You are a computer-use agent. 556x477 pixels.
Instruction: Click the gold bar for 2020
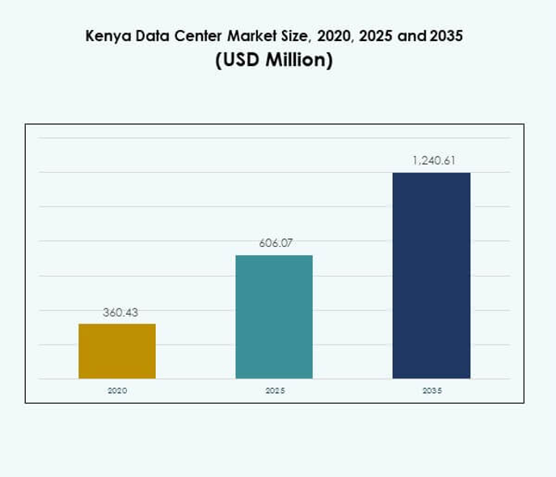point(117,351)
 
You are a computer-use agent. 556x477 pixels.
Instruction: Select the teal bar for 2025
point(274,316)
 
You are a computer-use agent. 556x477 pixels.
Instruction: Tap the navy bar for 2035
point(432,275)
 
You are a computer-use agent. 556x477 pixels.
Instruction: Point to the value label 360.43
point(117,312)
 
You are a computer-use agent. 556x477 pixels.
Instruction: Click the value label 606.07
point(276,243)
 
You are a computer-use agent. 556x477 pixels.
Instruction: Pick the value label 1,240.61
point(434,161)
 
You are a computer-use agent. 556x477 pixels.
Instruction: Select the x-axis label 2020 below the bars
point(117,390)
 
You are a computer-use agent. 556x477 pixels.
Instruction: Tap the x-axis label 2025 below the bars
point(275,390)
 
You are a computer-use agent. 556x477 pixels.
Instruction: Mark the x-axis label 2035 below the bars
point(432,390)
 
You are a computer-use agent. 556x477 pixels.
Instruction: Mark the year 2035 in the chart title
point(449,37)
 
